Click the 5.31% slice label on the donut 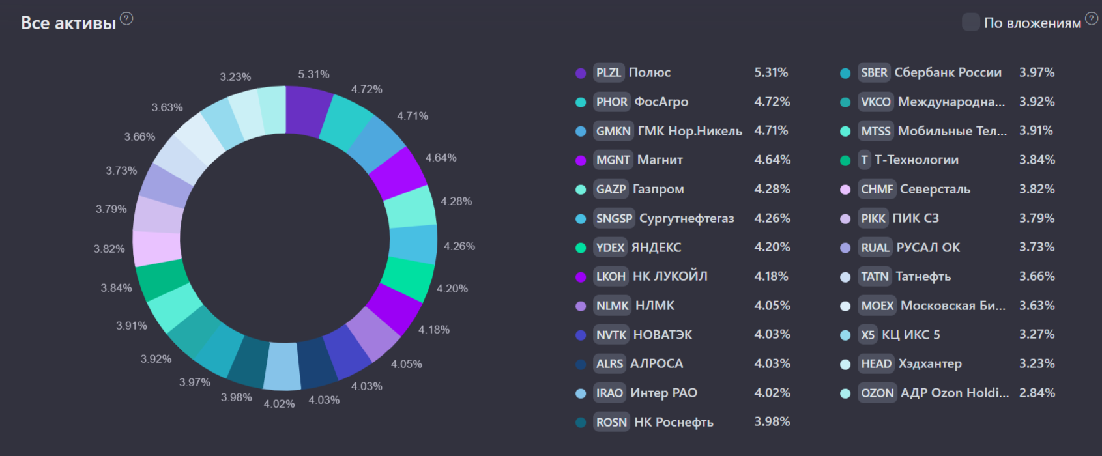click(313, 74)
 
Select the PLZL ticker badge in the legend click(609, 72)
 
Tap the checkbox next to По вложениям click(970, 22)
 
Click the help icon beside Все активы click(126, 19)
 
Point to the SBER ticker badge click(874, 72)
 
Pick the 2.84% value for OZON click(1037, 393)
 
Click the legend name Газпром click(658, 189)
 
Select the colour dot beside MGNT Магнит click(581, 160)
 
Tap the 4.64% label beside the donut click(441, 158)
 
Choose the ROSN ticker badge click(611, 422)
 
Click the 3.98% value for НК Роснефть click(772, 421)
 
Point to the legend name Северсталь click(935, 189)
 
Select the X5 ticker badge click(867, 335)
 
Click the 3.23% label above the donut click(235, 77)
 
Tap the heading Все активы click(68, 23)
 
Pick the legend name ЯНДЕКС click(656, 248)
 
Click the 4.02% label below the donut click(279, 404)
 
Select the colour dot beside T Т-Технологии click(845, 160)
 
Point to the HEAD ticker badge click(876, 363)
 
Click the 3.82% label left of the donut click(109, 249)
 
